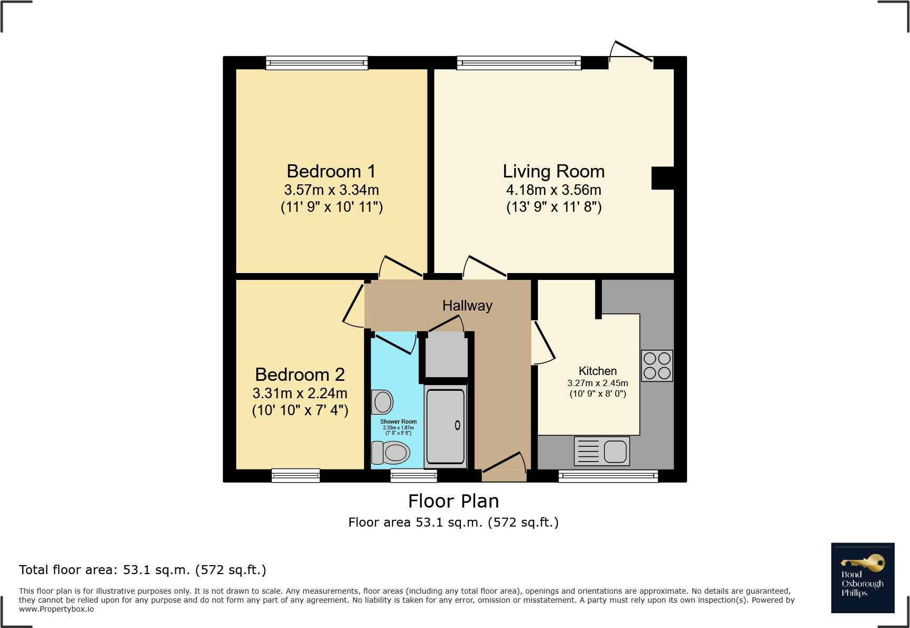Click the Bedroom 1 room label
click(331, 172)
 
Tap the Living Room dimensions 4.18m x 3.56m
click(553, 190)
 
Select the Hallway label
click(467, 306)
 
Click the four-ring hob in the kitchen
click(657, 365)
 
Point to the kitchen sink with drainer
click(602, 451)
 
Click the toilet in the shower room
click(391, 453)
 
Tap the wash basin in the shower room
click(382, 402)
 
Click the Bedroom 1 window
click(317, 63)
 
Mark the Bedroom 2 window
click(295, 475)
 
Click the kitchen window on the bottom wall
click(608, 476)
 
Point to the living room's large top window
click(518, 63)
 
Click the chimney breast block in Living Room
click(663, 178)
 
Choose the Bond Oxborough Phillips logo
click(862, 577)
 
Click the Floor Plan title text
click(453, 501)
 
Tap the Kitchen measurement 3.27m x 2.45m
click(598, 383)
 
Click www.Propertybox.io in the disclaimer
click(57, 609)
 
